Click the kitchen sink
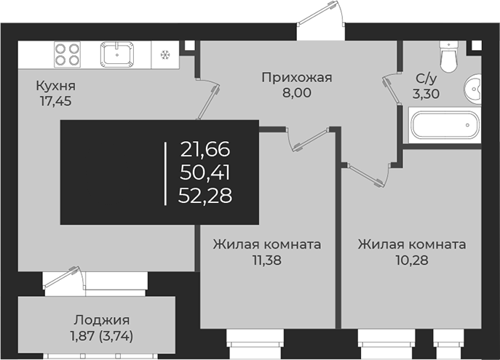click(x=117, y=55)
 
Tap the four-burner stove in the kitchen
click(x=68, y=55)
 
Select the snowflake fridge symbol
click(x=164, y=55)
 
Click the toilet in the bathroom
click(x=448, y=57)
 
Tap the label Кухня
click(x=56, y=87)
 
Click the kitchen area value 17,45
click(x=56, y=101)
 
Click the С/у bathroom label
click(x=426, y=78)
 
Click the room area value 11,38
click(x=266, y=259)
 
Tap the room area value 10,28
click(x=411, y=259)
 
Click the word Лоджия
click(x=101, y=320)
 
